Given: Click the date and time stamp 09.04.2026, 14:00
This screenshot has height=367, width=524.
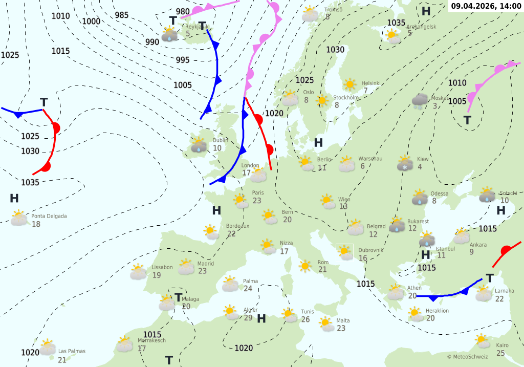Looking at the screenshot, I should pyautogui.click(x=486, y=7).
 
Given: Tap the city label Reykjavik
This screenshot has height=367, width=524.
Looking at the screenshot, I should pyautogui.click(x=197, y=27).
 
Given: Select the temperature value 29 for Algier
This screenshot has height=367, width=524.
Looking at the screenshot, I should pyautogui.click(x=248, y=318).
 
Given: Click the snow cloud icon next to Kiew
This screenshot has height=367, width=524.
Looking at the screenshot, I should pyautogui.click(x=405, y=163).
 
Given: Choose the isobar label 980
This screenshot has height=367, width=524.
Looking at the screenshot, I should pyautogui.click(x=183, y=11).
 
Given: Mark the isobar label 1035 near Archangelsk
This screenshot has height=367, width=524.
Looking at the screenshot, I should pyautogui.click(x=396, y=23).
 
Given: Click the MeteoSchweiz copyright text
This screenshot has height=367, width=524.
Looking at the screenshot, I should pyautogui.click(x=467, y=357).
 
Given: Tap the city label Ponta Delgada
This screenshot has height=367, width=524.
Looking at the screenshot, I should pyautogui.click(x=49, y=216).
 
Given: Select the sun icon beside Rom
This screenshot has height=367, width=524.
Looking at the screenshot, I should pyautogui.click(x=305, y=266).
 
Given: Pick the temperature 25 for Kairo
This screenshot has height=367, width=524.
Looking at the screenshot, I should pyautogui.click(x=500, y=353).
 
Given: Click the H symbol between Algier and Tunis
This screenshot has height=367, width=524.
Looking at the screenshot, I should pyautogui.click(x=261, y=319).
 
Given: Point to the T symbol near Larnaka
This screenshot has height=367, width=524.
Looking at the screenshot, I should pyautogui.click(x=490, y=278).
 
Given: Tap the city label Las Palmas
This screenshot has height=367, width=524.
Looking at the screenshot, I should pyautogui.click(x=72, y=351).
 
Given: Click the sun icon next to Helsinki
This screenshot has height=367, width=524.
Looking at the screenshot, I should pyautogui.click(x=350, y=84).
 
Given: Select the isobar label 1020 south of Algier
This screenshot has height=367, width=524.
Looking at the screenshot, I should pyautogui.click(x=244, y=348).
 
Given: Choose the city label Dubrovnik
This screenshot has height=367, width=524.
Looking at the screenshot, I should pyautogui.click(x=370, y=250).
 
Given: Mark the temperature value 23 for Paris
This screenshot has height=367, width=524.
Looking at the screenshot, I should pyautogui.click(x=257, y=201).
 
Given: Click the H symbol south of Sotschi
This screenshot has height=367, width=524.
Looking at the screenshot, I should pyautogui.click(x=501, y=210).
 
